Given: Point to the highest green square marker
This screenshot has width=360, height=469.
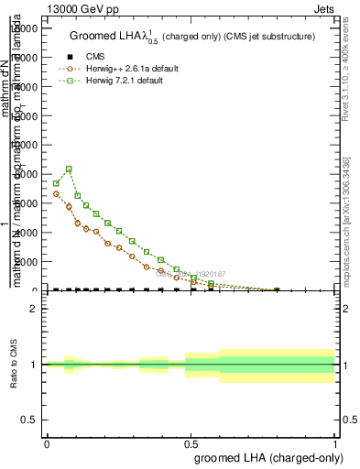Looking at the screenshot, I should pyautogui.click(x=70, y=169).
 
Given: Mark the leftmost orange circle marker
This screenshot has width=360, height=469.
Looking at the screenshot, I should pyautogui.click(x=56, y=193).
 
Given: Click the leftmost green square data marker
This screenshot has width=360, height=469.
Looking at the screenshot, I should pyautogui.click(x=56, y=183).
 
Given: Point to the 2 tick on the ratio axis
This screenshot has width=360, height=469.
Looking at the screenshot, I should pyautogui.click(x=34, y=310).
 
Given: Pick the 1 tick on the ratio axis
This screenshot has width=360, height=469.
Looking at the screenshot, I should pyautogui.click(x=34, y=365).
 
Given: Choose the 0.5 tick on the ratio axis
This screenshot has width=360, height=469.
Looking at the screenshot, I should pyautogui.click(x=30, y=420).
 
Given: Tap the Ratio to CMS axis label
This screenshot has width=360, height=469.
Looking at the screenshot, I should pyautogui.click(x=14, y=365).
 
